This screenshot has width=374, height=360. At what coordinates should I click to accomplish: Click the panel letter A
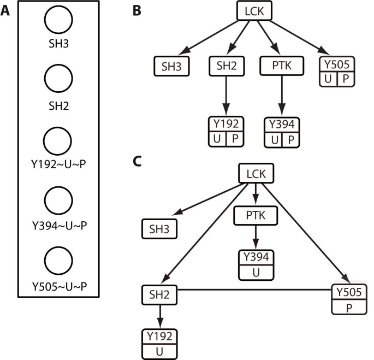coord(7,11)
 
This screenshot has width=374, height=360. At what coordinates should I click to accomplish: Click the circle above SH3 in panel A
coord(55,21)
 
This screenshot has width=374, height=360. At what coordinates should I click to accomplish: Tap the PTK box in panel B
coord(281,67)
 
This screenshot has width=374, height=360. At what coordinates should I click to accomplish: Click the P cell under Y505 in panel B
coord(345,79)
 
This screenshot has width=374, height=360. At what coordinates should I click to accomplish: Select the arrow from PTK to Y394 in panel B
coord(282,96)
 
